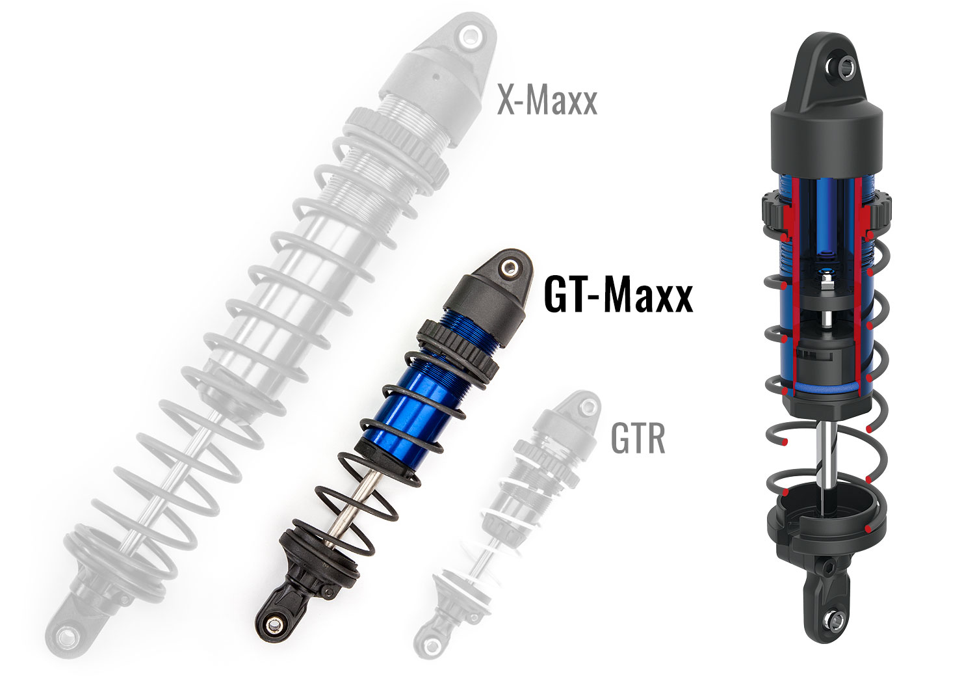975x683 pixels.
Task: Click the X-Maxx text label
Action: coord(547,101)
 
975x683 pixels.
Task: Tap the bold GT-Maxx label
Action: coord(617,295)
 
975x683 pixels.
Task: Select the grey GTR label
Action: coord(638,440)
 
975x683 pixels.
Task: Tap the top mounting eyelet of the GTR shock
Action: coord(588,407)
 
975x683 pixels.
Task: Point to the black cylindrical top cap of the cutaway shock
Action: coord(827,140)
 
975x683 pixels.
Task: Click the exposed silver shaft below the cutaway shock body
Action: coord(822,455)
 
